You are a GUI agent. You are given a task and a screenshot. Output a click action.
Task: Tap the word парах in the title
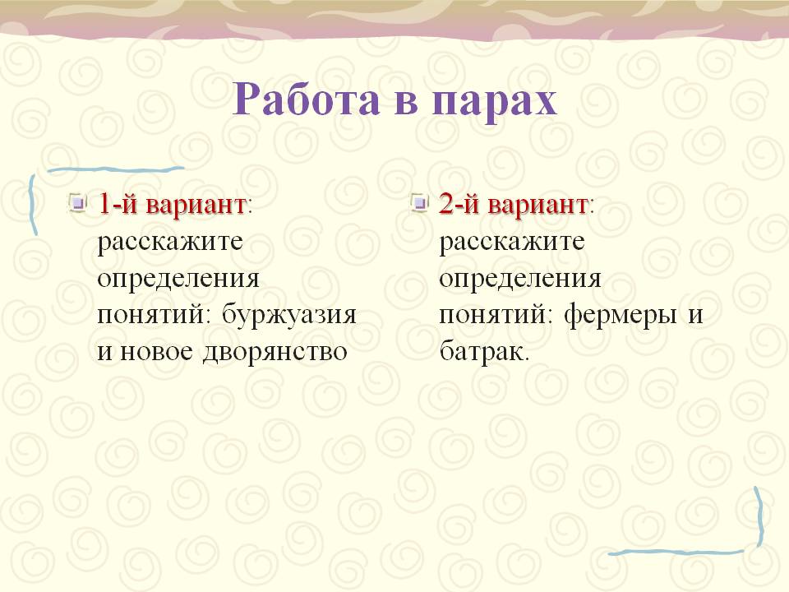(494, 103)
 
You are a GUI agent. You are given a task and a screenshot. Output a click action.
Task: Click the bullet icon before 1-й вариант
(77, 202)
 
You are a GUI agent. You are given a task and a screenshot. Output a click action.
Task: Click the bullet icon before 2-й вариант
(419, 202)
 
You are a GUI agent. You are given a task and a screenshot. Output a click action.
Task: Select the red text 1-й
(118, 203)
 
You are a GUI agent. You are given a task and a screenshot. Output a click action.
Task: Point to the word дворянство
(275, 352)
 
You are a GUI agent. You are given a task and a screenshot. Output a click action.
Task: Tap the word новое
(156, 351)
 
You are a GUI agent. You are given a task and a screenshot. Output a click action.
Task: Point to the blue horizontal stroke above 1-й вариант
(116, 170)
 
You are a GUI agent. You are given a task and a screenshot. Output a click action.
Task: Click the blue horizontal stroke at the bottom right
(676, 553)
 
